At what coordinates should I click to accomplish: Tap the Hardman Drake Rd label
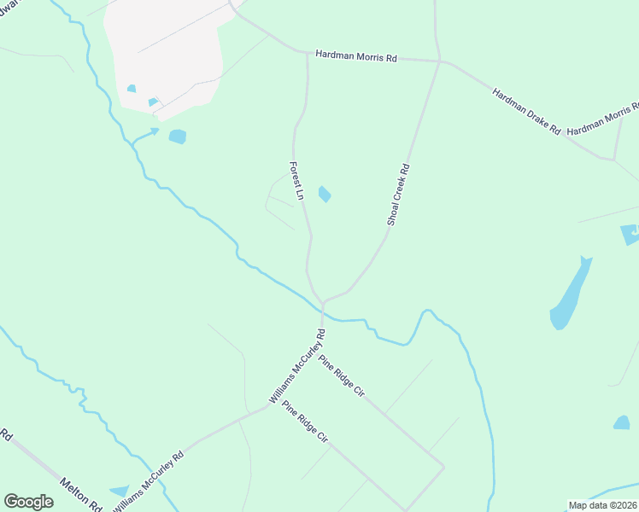[525, 111]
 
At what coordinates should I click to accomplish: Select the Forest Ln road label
[296, 181]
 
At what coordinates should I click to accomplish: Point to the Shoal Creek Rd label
[399, 195]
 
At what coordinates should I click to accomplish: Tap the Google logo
[28, 502]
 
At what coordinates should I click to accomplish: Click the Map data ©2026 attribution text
[602, 505]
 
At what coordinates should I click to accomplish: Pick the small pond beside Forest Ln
[325, 195]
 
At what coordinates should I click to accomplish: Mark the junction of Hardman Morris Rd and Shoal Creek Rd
[439, 61]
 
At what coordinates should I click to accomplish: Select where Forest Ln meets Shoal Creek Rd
[324, 300]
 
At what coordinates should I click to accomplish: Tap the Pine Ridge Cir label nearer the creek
[342, 376]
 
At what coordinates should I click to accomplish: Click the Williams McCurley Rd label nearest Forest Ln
[296, 367]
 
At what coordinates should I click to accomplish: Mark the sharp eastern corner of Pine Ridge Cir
[443, 467]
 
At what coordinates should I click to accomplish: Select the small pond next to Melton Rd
[119, 492]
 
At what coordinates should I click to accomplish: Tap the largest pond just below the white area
[177, 137]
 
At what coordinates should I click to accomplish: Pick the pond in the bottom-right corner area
[621, 422]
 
